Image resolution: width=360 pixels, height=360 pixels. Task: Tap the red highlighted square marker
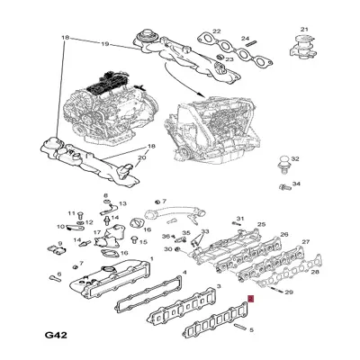point(251,298)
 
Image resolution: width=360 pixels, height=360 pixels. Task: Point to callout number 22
point(216,30)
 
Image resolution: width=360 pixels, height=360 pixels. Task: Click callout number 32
point(296,158)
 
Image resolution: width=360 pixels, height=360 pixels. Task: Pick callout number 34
point(296,184)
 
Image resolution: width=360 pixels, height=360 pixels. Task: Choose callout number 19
point(104,43)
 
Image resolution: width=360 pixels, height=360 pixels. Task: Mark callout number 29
point(288,293)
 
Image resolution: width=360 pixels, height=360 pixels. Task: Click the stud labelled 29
point(274,291)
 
